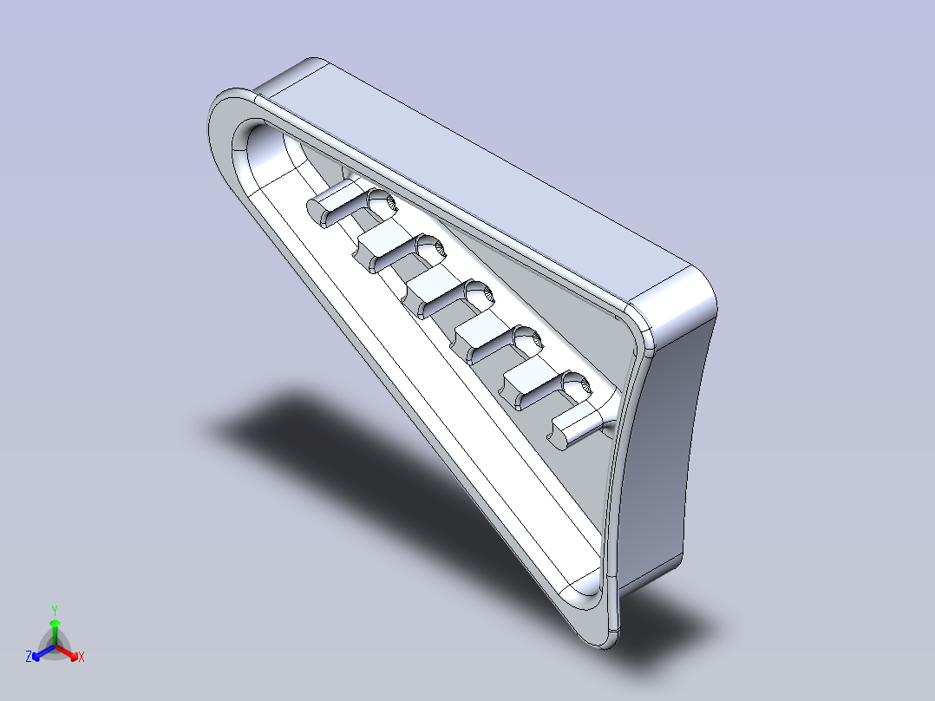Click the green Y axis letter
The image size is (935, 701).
coord(55,609)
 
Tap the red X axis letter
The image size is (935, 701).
coord(81,658)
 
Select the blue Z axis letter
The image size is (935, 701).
coord(29,657)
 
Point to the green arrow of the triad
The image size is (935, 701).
coord(55,626)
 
